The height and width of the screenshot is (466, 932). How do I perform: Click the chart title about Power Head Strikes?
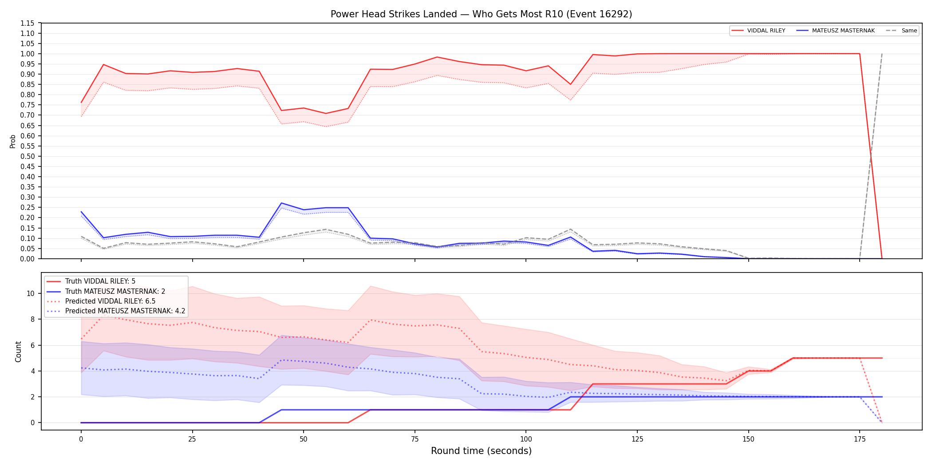481,14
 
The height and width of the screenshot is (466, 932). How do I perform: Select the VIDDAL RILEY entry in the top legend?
758,31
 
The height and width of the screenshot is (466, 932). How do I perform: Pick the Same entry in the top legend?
901,31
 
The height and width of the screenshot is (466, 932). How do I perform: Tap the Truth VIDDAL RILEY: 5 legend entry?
91,281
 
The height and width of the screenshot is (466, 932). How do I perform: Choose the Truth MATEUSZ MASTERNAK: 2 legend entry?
106,292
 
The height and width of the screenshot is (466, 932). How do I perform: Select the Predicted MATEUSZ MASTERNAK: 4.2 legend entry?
116,311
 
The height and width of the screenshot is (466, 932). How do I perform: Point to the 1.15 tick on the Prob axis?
28,23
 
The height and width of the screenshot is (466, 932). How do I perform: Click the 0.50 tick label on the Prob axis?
28,156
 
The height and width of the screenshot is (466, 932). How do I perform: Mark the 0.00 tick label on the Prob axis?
28,259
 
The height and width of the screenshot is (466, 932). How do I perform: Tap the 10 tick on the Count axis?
31,293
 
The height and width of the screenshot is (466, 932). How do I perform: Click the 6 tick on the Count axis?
32,345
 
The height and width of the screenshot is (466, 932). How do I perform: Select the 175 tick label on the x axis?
860,439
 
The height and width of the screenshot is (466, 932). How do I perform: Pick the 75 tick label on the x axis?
415,439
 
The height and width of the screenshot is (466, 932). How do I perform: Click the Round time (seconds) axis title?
481,451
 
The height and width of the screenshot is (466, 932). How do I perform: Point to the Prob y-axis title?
13,141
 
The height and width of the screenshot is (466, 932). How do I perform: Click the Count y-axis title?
18,351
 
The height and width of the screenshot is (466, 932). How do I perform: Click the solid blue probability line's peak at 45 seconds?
281,203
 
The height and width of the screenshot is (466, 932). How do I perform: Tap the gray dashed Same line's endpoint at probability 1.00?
882,54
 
